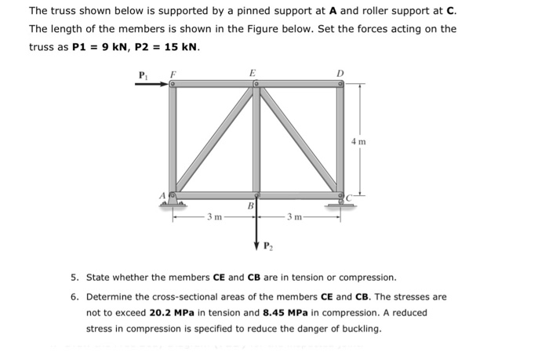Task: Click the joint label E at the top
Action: [252, 73]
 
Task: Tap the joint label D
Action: [339, 75]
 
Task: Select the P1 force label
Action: [142, 76]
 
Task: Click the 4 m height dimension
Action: [358, 142]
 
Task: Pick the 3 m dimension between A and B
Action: [214, 216]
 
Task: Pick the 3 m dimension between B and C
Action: [295, 216]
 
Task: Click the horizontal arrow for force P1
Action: [153, 86]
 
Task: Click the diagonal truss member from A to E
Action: [213, 140]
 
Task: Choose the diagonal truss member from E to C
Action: [299, 140]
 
